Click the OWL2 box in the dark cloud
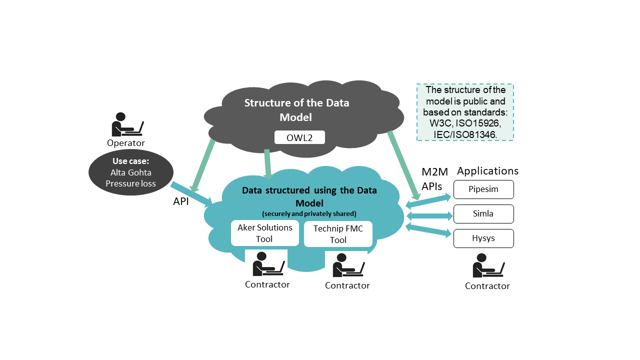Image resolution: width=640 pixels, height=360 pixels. point(299,137)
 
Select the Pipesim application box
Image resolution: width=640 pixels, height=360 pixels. point(483,189)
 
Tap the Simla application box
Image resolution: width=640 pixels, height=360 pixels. point(483,214)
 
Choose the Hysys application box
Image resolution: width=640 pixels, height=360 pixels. point(483,238)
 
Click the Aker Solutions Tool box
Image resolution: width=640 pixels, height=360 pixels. point(265,233)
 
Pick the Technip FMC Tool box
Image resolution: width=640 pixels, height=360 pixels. point(338,234)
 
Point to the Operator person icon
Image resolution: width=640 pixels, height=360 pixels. point(127,124)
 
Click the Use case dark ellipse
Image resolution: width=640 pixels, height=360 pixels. point(131,172)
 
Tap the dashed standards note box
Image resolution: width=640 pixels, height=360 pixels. point(465,112)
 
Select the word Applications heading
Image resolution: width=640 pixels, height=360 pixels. point(487,171)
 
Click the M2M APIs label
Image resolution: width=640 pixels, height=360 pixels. point(434,179)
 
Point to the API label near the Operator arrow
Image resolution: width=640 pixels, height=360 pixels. point(181,201)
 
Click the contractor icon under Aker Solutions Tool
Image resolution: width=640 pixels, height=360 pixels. point(268,263)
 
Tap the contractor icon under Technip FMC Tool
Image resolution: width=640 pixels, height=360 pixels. point(348,265)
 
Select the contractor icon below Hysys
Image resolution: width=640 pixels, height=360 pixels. point(488,265)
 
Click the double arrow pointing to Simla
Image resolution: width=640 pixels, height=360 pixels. point(429,215)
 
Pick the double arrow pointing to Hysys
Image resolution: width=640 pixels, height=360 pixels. point(428,230)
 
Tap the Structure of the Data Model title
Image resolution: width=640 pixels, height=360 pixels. point(296,110)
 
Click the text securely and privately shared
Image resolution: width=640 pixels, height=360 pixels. point(309,213)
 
